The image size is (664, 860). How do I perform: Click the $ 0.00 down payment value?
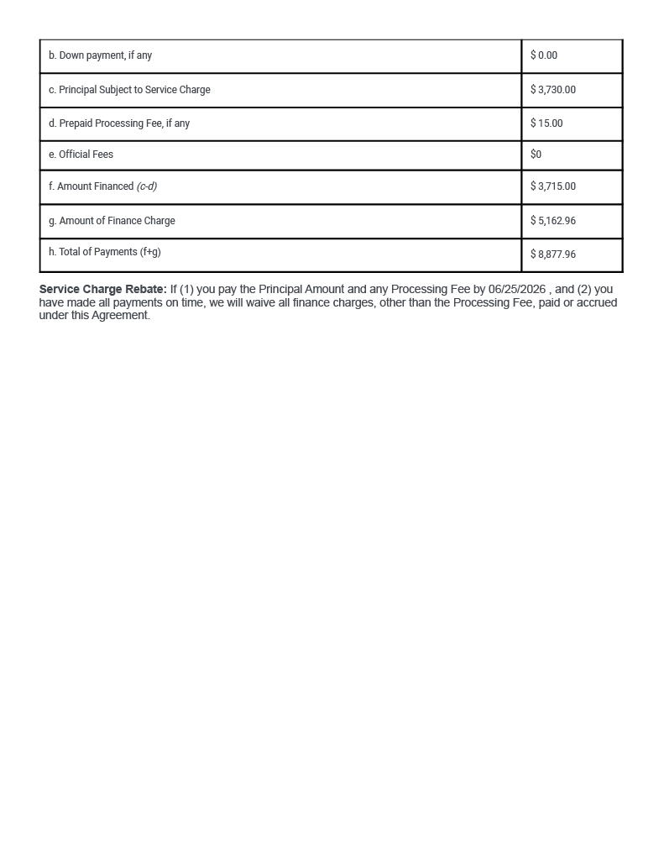[x=544, y=55]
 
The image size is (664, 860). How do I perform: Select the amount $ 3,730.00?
[x=553, y=90]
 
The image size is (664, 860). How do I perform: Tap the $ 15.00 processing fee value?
[x=546, y=123]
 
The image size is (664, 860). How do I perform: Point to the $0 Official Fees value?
[x=536, y=155]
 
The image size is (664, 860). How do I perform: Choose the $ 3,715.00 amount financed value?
[x=553, y=186]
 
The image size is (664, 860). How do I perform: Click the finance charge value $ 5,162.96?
[x=553, y=221]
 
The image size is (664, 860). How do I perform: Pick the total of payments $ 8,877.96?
[x=553, y=254]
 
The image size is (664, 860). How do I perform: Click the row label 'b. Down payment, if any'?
[x=100, y=55]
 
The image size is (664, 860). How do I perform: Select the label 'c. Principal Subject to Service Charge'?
[x=129, y=90]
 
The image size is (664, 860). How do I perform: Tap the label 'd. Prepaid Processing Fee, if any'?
[x=119, y=123]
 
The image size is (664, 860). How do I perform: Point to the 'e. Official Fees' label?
[x=81, y=155]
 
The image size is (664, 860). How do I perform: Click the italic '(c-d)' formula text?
[x=147, y=186]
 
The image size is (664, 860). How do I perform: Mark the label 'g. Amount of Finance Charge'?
[x=112, y=221]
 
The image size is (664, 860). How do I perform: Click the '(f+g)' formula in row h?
[x=150, y=252]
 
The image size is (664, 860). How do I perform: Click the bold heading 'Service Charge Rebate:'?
[x=102, y=290]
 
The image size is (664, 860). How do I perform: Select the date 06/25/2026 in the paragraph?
[x=517, y=290]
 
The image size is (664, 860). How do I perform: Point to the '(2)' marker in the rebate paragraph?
[x=584, y=290]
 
